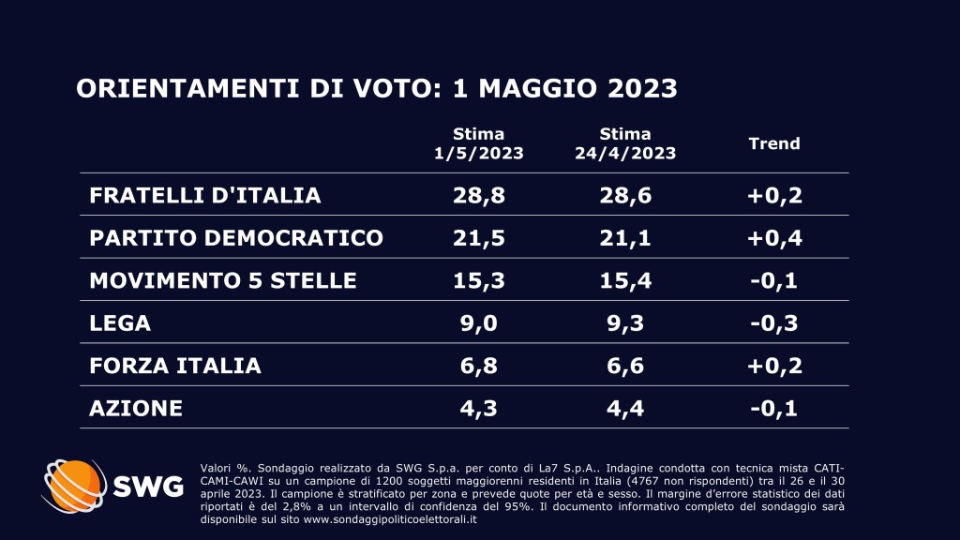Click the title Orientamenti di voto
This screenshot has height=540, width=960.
pos(376,88)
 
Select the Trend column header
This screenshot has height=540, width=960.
pos(773,143)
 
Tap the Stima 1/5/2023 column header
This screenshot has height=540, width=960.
pos(478,143)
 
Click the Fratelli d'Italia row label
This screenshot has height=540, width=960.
pos(205,195)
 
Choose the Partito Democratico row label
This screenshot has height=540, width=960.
pos(236,237)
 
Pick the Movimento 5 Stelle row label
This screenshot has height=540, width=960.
pos(223,279)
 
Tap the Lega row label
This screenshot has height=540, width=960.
pos(120,322)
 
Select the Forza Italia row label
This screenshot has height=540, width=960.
pos(175,365)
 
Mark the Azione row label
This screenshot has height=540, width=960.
pos(136,408)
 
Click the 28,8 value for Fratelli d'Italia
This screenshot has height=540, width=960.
pos(478,195)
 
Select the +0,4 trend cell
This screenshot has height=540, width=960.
pos(773,237)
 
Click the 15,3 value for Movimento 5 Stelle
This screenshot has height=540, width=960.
pos(478,279)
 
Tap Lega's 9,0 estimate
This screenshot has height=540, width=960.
pos(478,322)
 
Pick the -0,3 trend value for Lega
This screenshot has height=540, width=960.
pos(773,322)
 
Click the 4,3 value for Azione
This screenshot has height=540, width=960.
pos(478,408)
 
